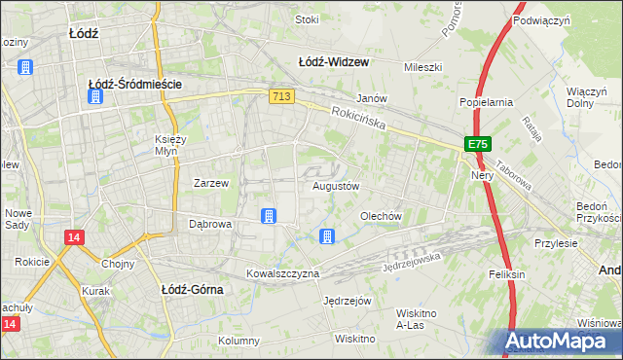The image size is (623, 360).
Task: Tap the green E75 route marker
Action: coord(476,144)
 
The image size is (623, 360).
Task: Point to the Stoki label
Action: coord(308,19)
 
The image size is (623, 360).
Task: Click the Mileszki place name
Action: coord(423,68)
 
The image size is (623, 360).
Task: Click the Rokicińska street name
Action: coord(358,121)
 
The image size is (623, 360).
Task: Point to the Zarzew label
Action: coord(211,183)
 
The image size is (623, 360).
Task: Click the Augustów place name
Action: coord(336,186)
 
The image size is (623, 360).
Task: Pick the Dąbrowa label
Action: coord(209,224)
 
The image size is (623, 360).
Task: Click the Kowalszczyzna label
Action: coord(282,273)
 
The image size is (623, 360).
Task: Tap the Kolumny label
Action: coord(238,341)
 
